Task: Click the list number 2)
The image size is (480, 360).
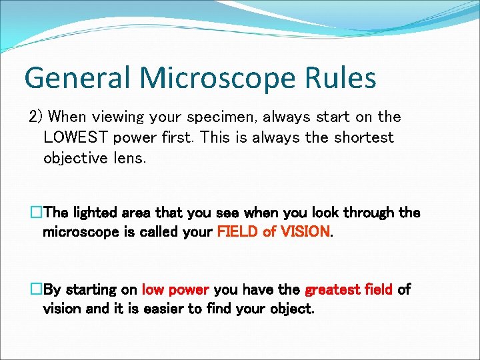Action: click(x=36, y=117)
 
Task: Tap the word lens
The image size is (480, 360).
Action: click(x=129, y=159)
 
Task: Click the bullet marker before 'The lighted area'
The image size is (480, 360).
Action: click(x=36, y=213)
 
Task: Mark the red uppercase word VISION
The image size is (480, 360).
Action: click(x=304, y=232)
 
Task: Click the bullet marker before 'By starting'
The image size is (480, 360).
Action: click(x=36, y=290)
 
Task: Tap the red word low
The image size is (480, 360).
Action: click(x=153, y=290)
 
